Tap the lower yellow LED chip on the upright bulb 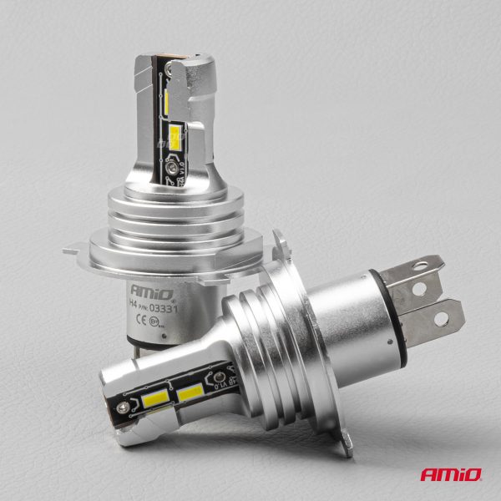pos(177,134)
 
